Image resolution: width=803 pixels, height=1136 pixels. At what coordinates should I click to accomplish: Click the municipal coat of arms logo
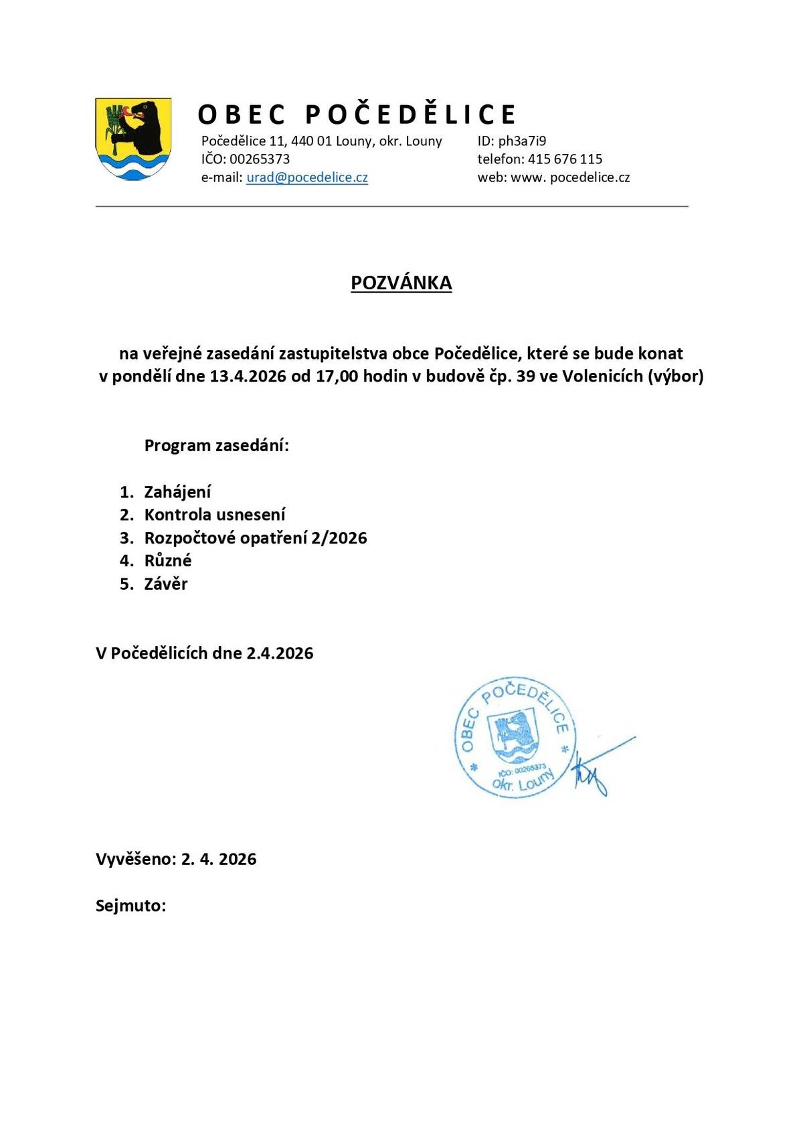[x=133, y=139]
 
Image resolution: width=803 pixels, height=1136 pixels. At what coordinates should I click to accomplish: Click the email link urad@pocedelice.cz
[x=307, y=177]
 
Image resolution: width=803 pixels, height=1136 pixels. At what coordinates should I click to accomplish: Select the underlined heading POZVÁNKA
[x=401, y=283]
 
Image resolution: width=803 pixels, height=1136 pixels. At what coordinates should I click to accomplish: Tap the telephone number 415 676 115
[x=565, y=159]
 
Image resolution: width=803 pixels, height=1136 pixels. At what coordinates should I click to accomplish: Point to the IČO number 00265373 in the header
[x=260, y=159]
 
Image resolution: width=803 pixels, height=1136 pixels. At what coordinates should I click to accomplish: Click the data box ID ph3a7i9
[x=522, y=141]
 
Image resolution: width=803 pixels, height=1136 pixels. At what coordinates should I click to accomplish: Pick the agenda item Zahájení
[x=177, y=492]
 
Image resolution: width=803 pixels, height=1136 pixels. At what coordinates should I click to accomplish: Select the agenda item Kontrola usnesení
[x=215, y=515]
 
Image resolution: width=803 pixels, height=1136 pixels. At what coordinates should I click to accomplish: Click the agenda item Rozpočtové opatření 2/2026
[x=256, y=538]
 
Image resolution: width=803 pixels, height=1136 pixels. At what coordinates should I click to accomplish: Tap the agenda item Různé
[x=168, y=560]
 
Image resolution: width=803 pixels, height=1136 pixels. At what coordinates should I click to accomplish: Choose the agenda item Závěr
[x=166, y=584]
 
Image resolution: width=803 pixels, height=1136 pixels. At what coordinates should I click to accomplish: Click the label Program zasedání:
[x=217, y=445]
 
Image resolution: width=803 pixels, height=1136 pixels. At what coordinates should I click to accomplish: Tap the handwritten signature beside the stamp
[x=596, y=770]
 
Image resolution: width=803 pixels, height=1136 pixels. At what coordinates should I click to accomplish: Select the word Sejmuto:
[x=130, y=906]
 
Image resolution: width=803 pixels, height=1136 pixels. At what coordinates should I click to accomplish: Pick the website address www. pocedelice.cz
[x=570, y=177]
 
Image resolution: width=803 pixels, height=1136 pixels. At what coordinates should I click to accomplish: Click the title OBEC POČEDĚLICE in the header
[x=357, y=114]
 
